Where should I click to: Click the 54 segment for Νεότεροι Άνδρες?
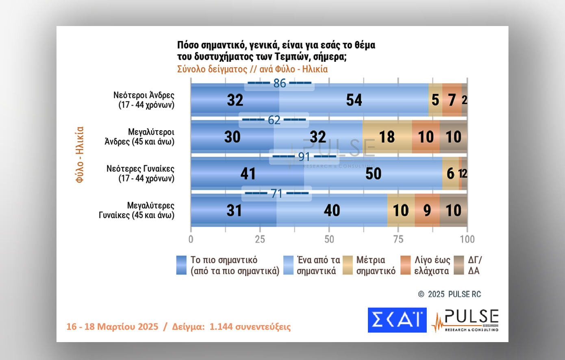point(354,100)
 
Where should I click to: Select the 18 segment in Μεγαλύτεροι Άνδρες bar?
point(387,137)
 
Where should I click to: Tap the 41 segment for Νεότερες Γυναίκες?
point(248,174)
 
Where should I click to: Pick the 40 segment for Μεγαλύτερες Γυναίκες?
point(332,210)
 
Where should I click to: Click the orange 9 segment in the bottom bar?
point(427,210)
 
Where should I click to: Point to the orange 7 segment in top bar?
point(452,100)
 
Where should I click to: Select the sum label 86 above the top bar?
point(280,83)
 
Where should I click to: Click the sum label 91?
point(304,157)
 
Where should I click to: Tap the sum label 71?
point(277,193)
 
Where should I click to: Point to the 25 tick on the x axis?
point(260,239)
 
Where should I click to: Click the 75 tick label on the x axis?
point(398,239)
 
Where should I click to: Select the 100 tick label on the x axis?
point(467,239)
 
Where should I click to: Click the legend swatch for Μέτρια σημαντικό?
point(348,265)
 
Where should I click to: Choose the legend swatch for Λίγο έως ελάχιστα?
point(405,265)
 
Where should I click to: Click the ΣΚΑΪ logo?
point(397,320)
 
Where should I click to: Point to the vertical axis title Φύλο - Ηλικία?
point(80,155)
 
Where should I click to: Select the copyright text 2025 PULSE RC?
point(454,294)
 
